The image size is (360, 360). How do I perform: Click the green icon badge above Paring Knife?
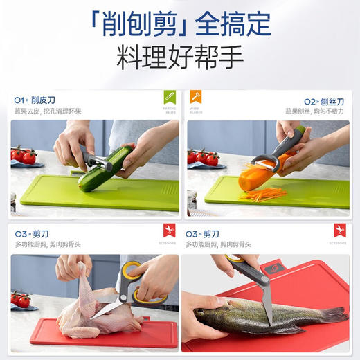pos(170,97)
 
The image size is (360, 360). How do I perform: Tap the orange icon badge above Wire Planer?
pos(197,97)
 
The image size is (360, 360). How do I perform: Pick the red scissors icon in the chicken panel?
pos(170,231)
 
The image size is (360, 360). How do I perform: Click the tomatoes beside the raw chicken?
pos(21,300)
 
